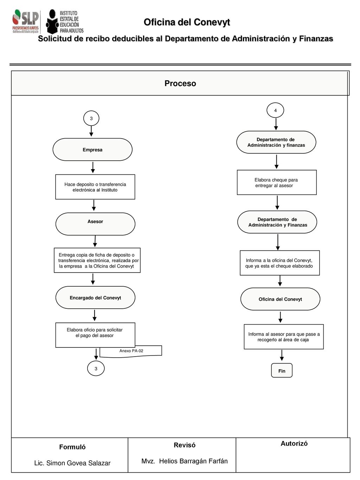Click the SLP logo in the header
(x=26, y=21)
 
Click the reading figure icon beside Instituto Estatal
(x=52, y=21)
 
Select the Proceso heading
(x=180, y=83)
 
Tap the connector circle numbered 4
(x=275, y=110)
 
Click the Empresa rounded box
(x=92, y=149)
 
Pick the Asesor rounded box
(x=95, y=224)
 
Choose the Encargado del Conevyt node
(x=95, y=297)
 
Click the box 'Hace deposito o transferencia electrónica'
(x=95, y=187)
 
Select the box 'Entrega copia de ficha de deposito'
(x=97, y=260)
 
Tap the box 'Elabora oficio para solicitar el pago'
(x=95, y=335)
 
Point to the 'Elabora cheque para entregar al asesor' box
(x=277, y=183)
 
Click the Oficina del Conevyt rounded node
(x=280, y=299)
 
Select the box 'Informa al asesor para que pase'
(x=284, y=337)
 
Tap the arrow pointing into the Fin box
(x=282, y=356)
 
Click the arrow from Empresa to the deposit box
(x=93, y=167)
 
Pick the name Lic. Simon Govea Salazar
(x=72, y=463)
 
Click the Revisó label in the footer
(x=185, y=445)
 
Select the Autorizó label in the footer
(x=294, y=443)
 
